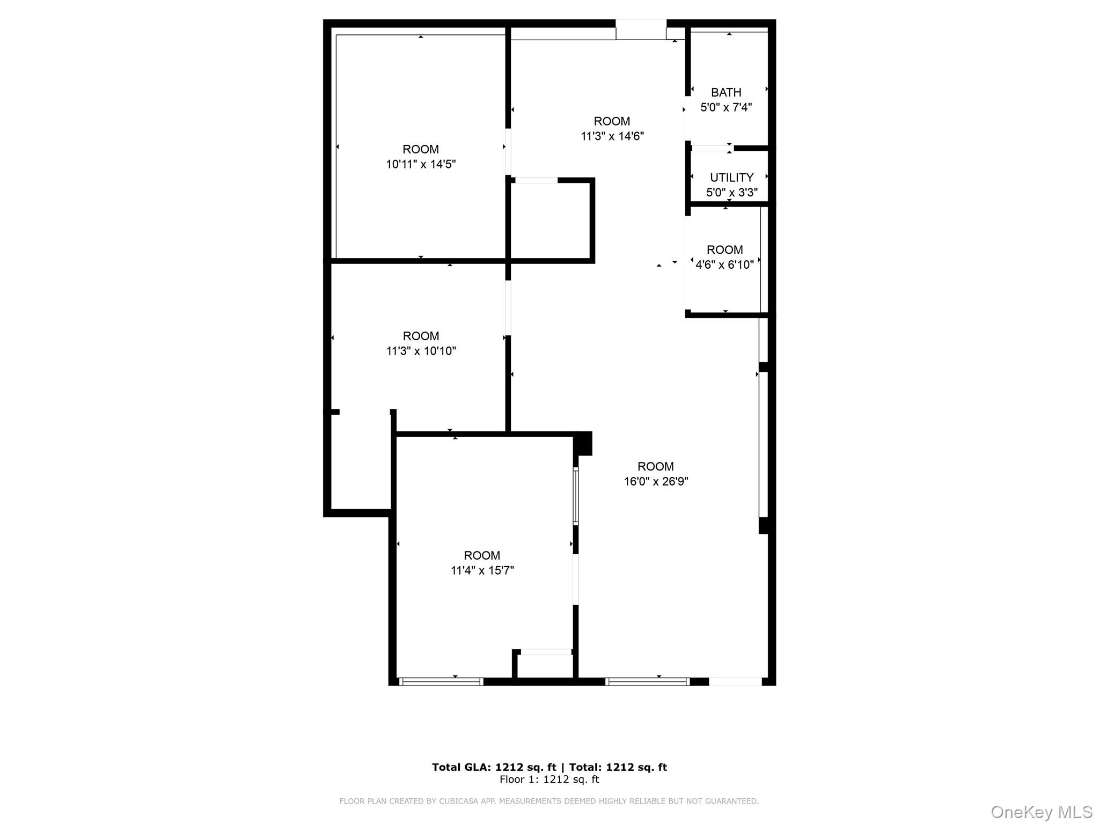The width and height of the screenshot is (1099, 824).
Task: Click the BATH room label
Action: pos(726,92)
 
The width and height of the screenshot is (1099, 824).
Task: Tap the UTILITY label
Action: pos(731,178)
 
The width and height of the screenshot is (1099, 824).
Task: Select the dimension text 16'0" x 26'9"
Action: pos(655,482)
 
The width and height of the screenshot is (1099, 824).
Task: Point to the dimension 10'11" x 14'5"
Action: pos(420,164)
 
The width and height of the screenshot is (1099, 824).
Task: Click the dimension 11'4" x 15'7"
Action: pos(482,570)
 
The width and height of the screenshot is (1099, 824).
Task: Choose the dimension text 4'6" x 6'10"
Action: pos(724,264)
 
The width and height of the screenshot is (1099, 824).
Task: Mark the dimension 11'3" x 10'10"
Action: pos(421,351)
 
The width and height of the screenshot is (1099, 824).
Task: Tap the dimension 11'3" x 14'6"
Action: pos(612,136)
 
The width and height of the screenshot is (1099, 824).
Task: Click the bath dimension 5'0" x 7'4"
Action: pos(726,107)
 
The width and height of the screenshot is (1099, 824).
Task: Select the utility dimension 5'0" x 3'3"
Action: pos(731,193)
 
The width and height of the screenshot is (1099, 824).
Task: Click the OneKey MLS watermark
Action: pos(1041,812)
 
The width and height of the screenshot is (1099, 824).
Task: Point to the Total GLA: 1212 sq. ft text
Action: pos(494,767)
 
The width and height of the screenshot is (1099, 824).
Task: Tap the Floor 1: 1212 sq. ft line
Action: pos(549,779)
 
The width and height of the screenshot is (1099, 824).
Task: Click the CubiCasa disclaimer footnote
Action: pos(549,801)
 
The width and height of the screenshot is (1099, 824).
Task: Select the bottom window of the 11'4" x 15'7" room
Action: pos(441,682)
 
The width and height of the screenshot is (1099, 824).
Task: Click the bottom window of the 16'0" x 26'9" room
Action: pos(647,682)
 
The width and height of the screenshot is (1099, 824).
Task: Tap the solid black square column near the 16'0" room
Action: pos(583,444)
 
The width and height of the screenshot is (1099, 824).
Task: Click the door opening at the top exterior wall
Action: pos(641,30)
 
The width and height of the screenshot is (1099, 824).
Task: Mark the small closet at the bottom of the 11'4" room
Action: pos(545,666)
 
